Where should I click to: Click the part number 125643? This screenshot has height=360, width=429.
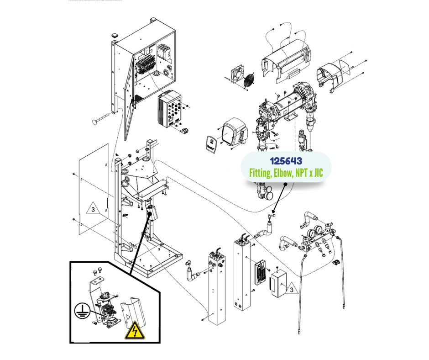286,161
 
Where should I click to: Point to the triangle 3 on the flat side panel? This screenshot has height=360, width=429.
92,210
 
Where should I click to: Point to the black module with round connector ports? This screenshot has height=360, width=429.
171,111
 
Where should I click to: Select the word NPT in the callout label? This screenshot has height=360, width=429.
303,173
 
